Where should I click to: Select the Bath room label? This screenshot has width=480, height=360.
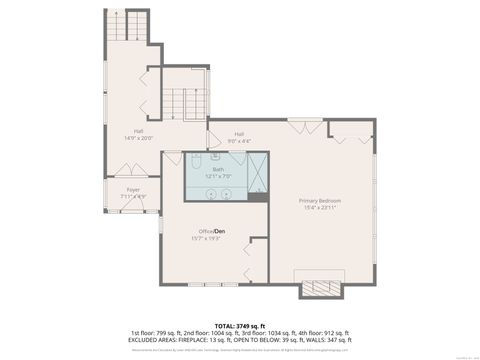click(x=217, y=169)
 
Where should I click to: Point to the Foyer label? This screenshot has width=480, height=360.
click(x=132, y=189)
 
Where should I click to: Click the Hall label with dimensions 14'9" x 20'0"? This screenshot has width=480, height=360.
click(x=140, y=130)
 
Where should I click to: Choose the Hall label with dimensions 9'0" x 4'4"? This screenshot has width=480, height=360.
click(x=239, y=134)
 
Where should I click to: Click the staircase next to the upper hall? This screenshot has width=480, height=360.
click(x=180, y=101)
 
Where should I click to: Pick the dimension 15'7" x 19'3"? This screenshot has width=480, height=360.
click(x=206, y=238)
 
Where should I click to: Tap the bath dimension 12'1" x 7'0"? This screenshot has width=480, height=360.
click(x=217, y=176)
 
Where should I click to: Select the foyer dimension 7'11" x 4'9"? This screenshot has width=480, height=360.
click(x=132, y=196)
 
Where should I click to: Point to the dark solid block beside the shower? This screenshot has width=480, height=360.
click(x=258, y=197)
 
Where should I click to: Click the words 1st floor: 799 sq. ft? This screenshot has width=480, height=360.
click(x=157, y=331)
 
